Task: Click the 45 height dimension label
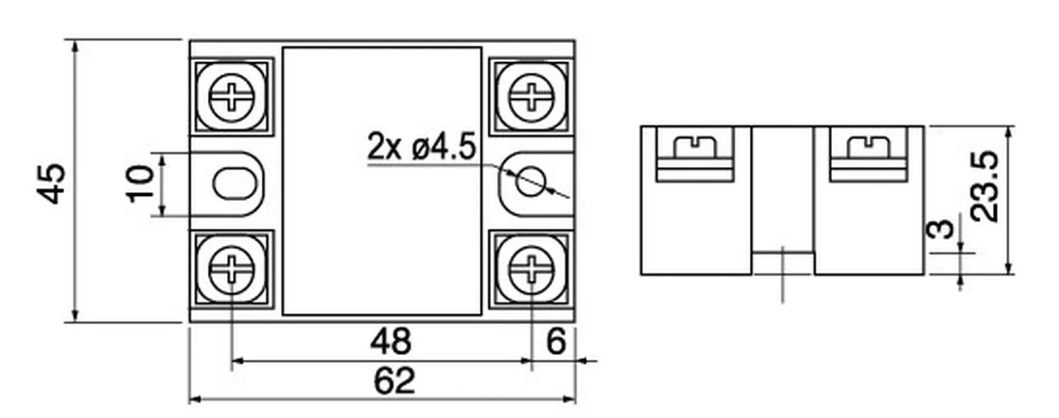(52, 184)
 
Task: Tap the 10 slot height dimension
(141, 184)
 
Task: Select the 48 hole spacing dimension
(391, 341)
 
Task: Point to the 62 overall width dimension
(394, 381)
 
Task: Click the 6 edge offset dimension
(556, 341)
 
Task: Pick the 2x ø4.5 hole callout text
(421, 147)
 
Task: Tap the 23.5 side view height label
(986, 186)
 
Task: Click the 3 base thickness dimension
(941, 229)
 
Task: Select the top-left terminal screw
(232, 97)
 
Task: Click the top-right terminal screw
(531, 97)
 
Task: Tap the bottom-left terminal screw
(232, 269)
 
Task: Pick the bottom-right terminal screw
(531, 269)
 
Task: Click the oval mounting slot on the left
(235, 183)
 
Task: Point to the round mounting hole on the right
(531, 181)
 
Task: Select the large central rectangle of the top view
(382, 181)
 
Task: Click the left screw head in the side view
(696, 147)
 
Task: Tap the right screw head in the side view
(868, 147)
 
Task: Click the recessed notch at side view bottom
(783, 263)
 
